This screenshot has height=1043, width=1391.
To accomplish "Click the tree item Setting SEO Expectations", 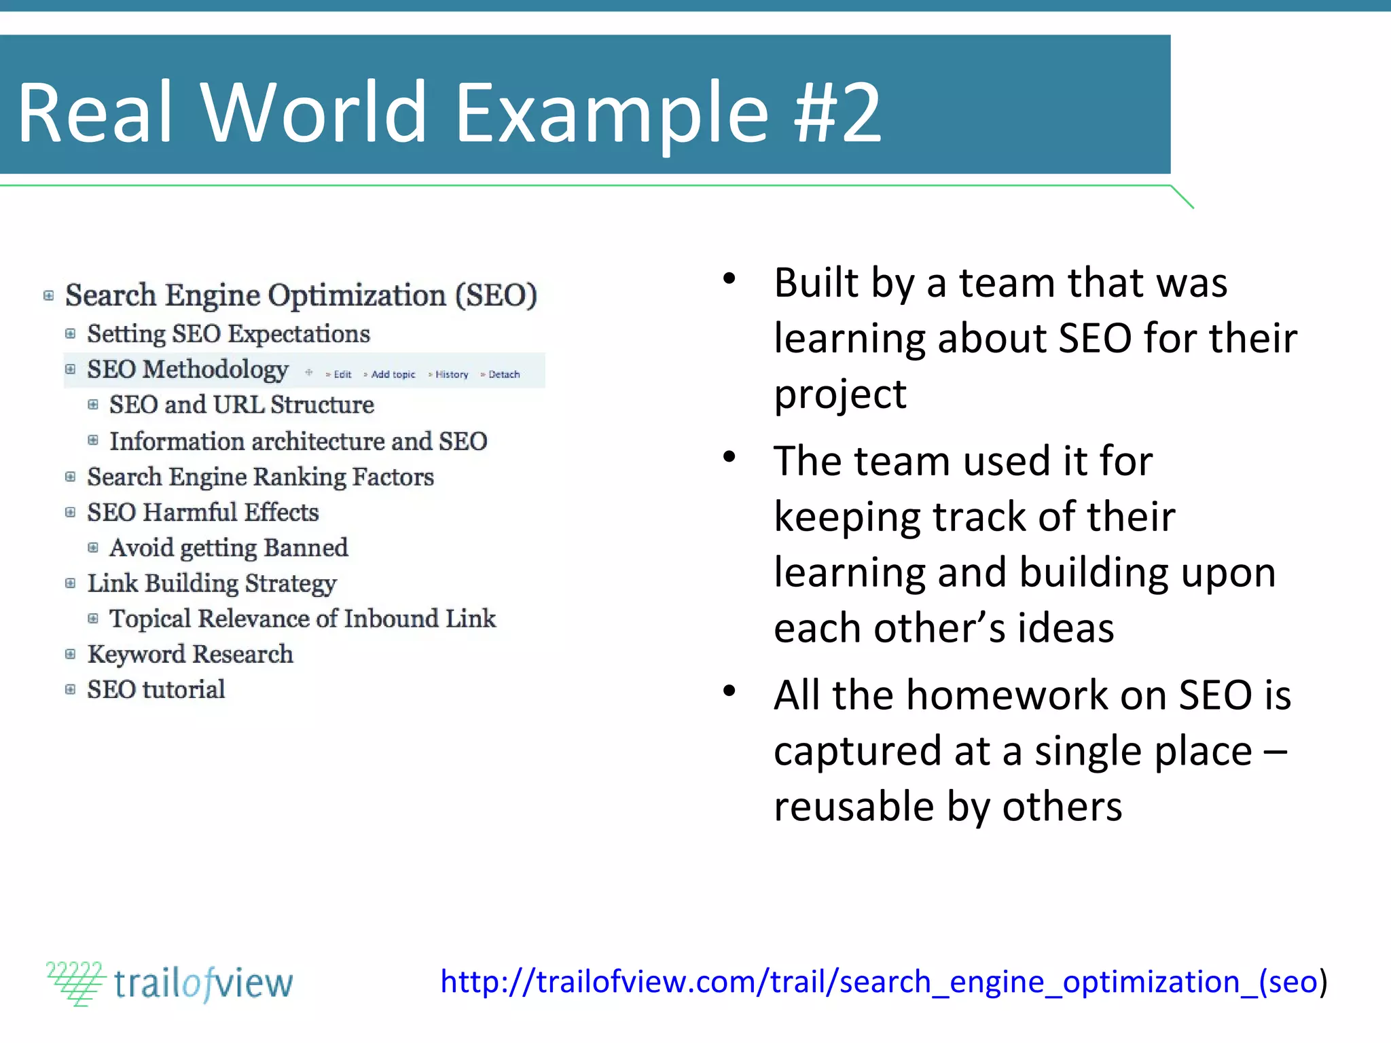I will point(228,334).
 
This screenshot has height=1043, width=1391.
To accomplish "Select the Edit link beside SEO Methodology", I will point(342,374).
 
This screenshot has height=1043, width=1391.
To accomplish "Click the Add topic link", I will point(393,374).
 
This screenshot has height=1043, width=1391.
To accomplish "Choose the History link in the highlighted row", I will point(451,374).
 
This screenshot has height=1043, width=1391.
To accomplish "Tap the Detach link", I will point(503,374).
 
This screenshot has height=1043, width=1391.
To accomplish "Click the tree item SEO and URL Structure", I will point(241,405).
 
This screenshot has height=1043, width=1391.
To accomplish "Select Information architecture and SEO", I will point(298,441).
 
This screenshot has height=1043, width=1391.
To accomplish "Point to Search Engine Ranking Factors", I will point(260,477).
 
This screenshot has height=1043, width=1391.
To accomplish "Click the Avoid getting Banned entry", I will point(228,548).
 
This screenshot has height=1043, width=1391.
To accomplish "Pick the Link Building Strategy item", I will point(211,583).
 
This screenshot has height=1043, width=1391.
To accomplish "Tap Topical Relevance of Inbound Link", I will point(302,619).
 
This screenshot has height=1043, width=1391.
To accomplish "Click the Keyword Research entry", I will point(190,655).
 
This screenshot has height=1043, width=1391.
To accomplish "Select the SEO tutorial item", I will point(156,690).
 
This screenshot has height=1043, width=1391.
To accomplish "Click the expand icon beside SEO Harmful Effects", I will point(70,512).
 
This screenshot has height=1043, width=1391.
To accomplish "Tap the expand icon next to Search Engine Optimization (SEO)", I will point(48,295).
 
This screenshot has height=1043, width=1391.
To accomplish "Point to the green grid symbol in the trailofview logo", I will point(76,983).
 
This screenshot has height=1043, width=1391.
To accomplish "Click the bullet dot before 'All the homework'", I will point(729,691).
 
